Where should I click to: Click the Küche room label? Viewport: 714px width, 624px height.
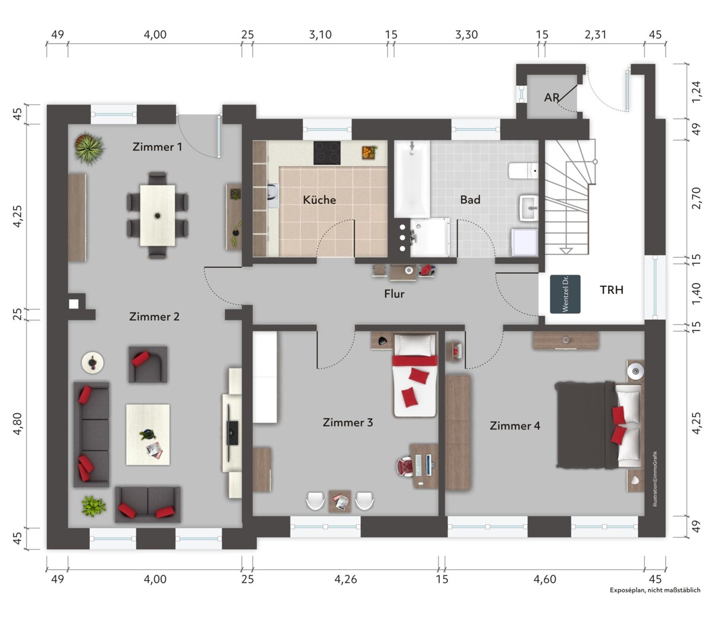coord(319,199)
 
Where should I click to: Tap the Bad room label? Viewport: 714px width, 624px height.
coord(470,199)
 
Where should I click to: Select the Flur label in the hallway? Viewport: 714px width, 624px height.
coord(394,294)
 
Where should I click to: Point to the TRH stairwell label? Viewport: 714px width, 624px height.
coord(612,289)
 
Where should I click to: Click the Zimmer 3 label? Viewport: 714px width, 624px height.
coord(347,422)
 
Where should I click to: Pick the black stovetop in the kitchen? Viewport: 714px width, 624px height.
coord(327,152)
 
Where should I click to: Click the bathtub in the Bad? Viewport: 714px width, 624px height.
coord(412,179)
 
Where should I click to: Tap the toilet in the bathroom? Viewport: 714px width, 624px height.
coord(523,170)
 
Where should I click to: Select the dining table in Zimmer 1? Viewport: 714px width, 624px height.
coord(158,215)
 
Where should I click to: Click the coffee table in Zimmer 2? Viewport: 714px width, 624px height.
coord(148,435)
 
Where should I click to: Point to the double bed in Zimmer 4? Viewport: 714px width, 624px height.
coord(599,425)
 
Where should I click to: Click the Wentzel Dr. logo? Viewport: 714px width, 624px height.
coord(565,294)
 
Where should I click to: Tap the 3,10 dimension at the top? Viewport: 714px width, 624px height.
coord(320,35)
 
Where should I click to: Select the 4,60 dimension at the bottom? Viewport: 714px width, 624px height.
coord(545,579)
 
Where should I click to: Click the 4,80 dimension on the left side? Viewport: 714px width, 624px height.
coord(17,423)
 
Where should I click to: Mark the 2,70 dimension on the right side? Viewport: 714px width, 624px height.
coord(696,198)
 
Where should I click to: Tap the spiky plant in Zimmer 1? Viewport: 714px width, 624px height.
coord(89,147)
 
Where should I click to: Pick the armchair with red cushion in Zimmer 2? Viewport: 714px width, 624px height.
coord(148,364)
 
